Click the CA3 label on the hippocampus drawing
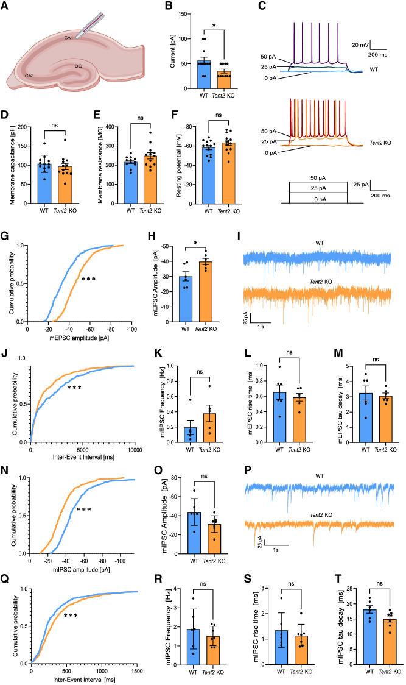click(29, 76)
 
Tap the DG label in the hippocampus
click(78, 66)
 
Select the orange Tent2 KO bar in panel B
click(223, 79)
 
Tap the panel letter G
click(5, 236)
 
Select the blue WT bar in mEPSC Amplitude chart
click(186, 299)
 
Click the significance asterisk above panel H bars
click(195, 243)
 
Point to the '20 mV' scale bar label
click(360, 45)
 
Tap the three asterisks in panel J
click(74, 387)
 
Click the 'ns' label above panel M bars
click(376, 360)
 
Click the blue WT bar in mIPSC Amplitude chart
click(194, 533)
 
